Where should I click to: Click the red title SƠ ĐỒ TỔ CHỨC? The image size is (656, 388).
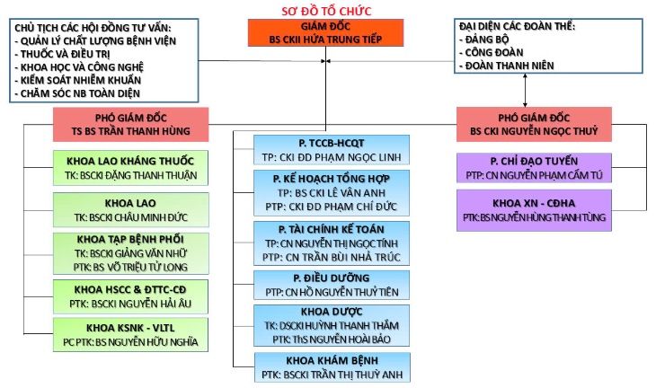point(328,10)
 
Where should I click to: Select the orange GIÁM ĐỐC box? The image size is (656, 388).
point(326,32)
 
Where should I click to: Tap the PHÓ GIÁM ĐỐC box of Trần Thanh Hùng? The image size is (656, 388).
point(130,124)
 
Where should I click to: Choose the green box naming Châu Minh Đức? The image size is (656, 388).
point(131,209)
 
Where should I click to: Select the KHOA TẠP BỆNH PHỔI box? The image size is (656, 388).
point(131,253)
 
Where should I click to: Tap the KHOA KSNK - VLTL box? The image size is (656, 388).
point(131,332)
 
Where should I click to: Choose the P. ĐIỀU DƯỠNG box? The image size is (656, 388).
point(332,285)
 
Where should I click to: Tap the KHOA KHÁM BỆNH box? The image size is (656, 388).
point(332,368)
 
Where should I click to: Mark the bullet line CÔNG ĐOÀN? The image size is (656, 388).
point(493,53)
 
